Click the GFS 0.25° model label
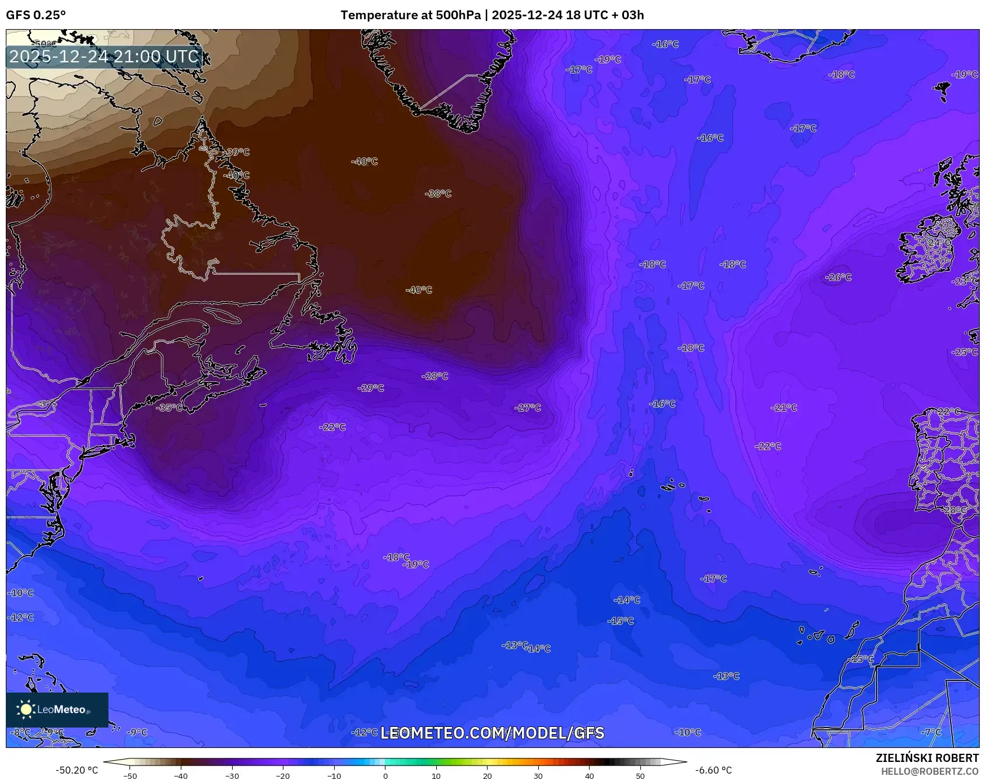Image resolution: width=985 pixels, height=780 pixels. coord(36,15)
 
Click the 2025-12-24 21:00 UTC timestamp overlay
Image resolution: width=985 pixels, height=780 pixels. coord(104,57)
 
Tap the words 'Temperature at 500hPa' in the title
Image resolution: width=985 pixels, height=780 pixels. coord(411,15)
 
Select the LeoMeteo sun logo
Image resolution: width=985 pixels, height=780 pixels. coord(26,709)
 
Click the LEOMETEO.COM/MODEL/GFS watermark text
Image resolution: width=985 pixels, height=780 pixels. coord(492,733)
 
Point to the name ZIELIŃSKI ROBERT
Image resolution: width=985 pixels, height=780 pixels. coord(927,758)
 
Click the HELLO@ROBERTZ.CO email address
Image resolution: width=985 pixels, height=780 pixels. coord(930,771)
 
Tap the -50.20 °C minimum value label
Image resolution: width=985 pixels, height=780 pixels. coord(76,770)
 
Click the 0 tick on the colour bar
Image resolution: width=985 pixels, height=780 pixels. coord(385,775)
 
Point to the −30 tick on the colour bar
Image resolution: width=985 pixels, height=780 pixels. coord(232,775)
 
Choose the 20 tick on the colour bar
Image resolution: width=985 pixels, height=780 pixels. coord(487,775)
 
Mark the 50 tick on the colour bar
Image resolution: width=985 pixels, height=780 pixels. coord(640,775)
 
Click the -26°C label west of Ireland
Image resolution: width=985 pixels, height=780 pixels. coord(839,277)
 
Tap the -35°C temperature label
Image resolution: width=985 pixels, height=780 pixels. coord(170,407)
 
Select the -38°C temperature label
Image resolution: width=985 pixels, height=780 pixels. coord(438,194)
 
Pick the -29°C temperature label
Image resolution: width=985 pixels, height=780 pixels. coord(371,388)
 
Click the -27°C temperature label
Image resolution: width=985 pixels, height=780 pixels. coord(528,407)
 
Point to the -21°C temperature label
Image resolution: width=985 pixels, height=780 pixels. coord(783,407)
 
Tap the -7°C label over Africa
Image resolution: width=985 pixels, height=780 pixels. coord(931,732)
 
